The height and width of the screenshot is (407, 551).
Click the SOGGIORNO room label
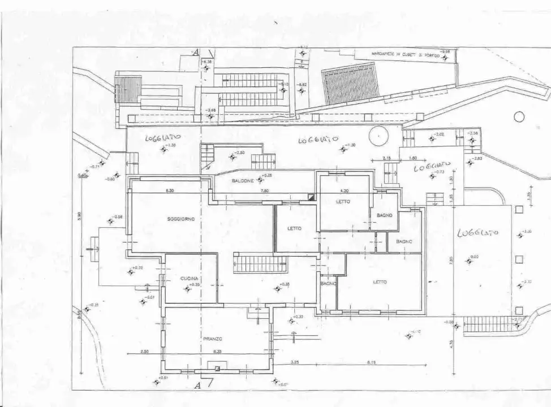click(180, 219)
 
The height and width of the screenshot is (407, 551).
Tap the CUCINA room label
click(188, 279)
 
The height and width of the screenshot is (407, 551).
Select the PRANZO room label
click(212, 339)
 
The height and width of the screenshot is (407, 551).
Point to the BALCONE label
click(243, 181)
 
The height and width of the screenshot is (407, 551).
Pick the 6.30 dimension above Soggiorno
click(170, 191)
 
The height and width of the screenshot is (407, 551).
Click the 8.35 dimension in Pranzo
click(217, 352)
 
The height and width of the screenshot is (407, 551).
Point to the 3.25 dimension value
click(295, 362)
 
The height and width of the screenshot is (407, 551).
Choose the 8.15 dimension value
click(371, 362)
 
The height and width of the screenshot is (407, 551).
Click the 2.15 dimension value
click(387, 158)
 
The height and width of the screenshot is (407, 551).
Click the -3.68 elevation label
click(211, 110)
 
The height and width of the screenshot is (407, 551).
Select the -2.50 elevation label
click(240, 153)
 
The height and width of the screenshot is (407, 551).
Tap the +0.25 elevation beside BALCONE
click(268, 176)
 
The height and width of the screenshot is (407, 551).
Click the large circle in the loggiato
click(378, 136)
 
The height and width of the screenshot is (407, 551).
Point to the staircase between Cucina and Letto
click(260, 264)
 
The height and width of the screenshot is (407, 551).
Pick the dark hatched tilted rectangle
click(350, 84)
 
